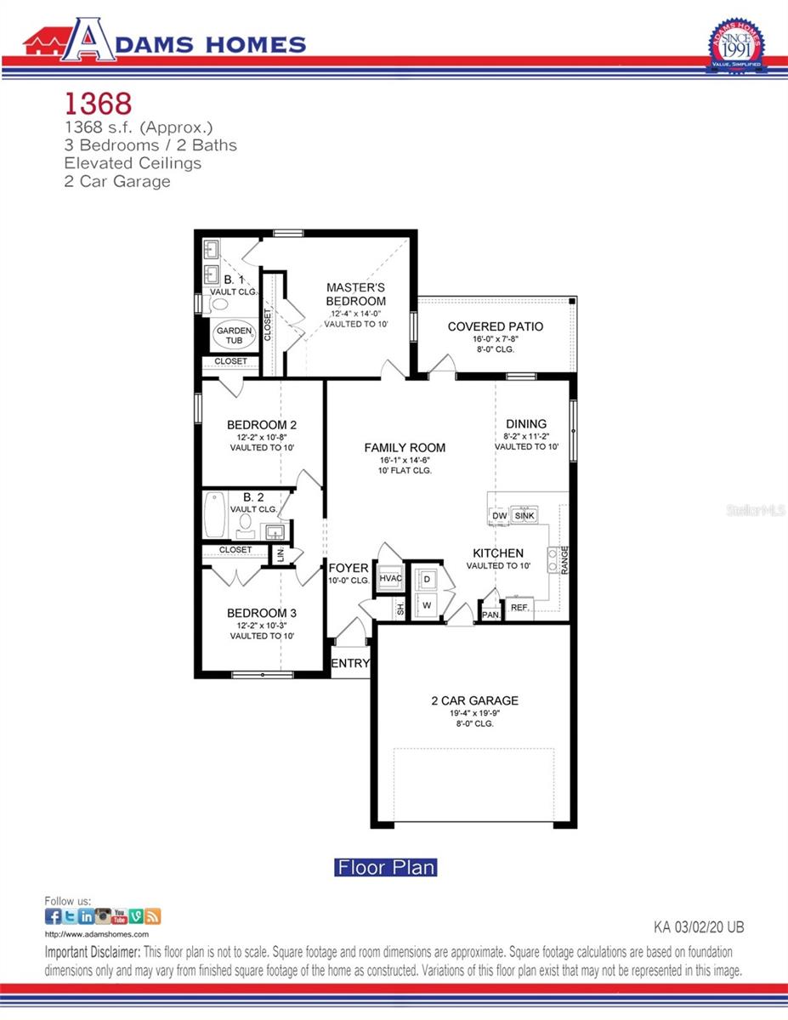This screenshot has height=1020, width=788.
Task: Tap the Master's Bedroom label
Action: [356, 294]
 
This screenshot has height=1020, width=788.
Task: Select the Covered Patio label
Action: [495, 326]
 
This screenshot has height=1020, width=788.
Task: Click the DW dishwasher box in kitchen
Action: [499, 516]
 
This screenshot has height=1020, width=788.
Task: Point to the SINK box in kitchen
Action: [524, 516]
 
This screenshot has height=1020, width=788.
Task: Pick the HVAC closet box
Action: [390, 579]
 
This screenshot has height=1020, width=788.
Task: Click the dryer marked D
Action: [428, 579]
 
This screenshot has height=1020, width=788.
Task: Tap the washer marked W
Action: [428, 605]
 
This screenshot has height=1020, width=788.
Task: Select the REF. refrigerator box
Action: [519, 608]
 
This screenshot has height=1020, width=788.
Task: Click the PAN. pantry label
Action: [490, 615]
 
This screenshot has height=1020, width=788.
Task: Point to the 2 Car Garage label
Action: [474, 701]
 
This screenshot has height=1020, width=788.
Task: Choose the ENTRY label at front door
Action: [350, 663]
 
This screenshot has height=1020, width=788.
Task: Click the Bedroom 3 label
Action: [262, 613]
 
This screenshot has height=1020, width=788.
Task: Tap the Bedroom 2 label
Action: [262, 425]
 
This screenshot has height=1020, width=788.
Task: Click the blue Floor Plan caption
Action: [386, 868]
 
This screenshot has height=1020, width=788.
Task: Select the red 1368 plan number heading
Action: [98, 104]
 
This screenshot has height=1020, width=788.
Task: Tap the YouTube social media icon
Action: [120, 916]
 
